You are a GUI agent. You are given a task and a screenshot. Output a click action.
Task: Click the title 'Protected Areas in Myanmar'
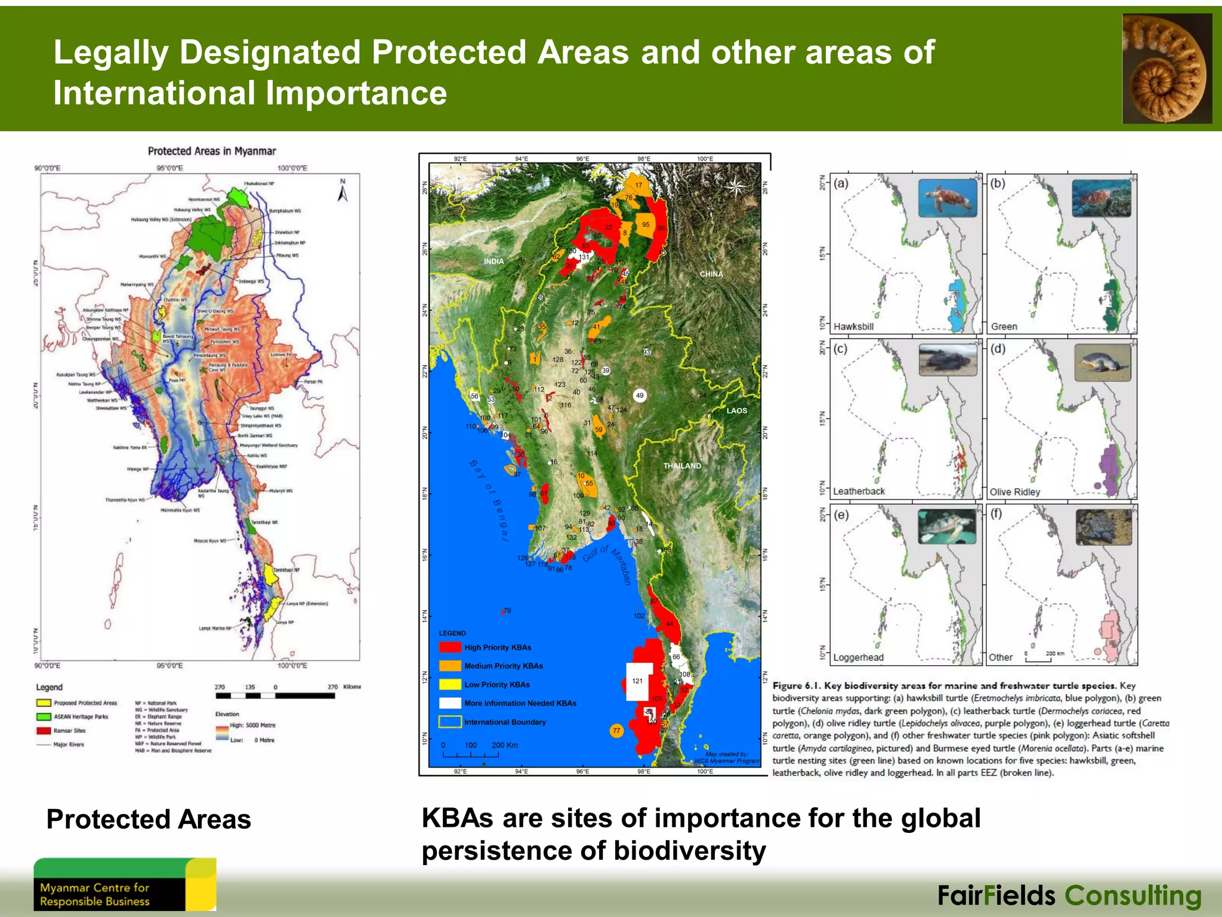(x=212, y=151)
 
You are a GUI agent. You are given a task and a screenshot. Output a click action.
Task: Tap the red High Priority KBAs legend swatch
(x=450, y=647)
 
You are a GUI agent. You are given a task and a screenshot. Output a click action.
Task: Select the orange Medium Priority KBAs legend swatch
(x=450, y=666)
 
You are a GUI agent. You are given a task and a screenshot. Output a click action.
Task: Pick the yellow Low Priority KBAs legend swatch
(x=450, y=684)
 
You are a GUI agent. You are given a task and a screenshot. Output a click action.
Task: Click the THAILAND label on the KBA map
(x=682, y=466)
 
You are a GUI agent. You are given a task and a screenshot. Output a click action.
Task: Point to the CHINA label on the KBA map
(x=711, y=274)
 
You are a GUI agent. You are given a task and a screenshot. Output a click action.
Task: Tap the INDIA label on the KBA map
(x=493, y=261)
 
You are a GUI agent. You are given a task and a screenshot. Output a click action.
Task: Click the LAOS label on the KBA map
(x=736, y=411)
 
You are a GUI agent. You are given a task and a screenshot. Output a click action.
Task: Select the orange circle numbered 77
(x=616, y=730)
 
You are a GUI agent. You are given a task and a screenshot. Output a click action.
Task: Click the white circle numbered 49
(x=640, y=395)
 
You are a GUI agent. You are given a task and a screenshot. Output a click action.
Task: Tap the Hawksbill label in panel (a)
(x=853, y=327)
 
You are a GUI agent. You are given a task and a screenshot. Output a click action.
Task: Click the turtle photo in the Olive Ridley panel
(x=1102, y=362)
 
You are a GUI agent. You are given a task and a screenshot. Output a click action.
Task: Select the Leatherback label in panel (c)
(x=859, y=491)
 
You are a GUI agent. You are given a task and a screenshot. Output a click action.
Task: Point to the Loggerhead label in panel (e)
(x=858, y=657)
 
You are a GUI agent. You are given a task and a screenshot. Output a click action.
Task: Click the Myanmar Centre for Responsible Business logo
(x=124, y=884)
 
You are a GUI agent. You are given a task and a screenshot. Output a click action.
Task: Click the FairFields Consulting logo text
(x=1069, y=896)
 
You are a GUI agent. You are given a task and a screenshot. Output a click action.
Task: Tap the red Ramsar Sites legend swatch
(x=44, y=731)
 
